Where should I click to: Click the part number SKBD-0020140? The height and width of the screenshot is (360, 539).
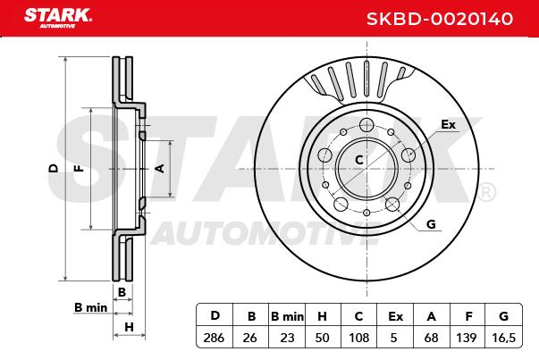(440, 19)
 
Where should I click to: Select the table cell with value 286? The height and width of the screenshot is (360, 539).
(214, 338)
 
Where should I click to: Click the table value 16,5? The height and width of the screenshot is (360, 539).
(503, 338)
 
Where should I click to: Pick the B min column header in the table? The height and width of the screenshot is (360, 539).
(287, 316)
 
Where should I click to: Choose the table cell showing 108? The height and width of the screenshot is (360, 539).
(358, 338)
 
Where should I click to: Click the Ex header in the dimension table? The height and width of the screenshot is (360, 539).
(395, 316)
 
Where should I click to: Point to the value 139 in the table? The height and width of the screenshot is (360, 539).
(467, 338)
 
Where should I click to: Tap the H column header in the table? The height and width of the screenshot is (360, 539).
(322, 316)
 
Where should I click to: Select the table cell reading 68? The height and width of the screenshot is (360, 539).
(431, 338)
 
